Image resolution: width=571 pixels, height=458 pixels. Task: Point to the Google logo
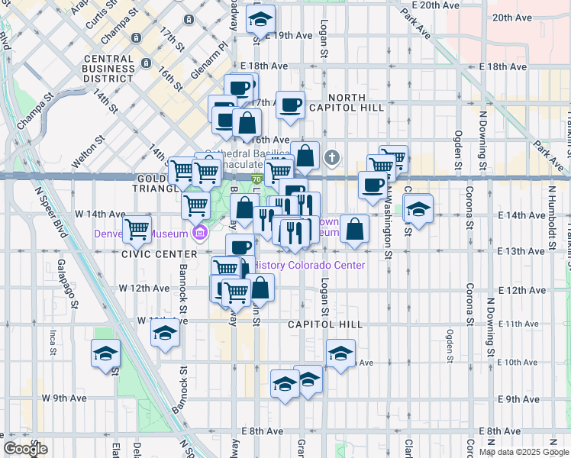tap(24, 449)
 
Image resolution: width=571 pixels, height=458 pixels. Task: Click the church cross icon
tap(331, 159)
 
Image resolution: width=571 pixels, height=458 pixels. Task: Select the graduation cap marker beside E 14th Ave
tap(418, 208)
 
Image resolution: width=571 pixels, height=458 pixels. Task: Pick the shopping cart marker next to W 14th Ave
tap(137, 227)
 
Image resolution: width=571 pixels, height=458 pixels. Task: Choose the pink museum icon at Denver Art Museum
tap(200, 233)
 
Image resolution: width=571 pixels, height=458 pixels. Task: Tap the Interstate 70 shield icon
tap(256, 179)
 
